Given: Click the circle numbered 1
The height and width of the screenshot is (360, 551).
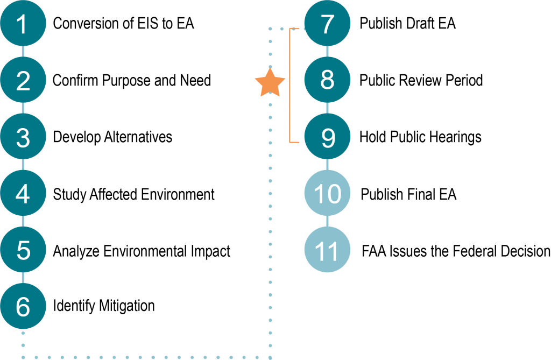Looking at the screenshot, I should (x=23, y=24).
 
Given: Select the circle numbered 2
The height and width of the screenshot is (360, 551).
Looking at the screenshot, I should (x=23, y=80).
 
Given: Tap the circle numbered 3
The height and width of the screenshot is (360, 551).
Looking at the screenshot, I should (x=23, y=137).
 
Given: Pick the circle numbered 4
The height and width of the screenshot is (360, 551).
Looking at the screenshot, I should (x=23, y=193).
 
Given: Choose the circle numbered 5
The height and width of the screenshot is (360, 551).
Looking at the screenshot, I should (x=23, y=250).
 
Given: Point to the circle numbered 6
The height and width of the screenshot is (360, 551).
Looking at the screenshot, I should (x=23, y=306).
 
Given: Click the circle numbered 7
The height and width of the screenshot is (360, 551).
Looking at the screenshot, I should (x=327, y=24).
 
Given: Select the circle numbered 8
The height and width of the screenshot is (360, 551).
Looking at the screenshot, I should (x=327, y=80).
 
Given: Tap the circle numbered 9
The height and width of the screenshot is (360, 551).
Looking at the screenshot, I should (x=327, y=137).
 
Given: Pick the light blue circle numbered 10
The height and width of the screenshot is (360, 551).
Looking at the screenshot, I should (x=327, y=193).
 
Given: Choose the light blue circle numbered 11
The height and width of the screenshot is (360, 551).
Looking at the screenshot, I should (x=327, y=250).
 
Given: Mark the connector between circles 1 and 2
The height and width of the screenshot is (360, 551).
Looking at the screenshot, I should (x=23, y=52).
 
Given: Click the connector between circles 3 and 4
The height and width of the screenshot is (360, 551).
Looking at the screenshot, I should (x=23, y=165).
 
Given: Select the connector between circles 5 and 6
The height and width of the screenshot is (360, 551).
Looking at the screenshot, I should (x=23, y=278).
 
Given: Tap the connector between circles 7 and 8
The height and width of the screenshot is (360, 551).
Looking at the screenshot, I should (x=327, y=52).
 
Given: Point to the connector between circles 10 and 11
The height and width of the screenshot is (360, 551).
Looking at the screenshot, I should (x=327, y=222).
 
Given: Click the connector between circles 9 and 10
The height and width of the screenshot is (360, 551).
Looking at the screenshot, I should (x=327, y=165).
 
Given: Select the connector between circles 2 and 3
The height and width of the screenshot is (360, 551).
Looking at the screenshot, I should (x=23, y=109).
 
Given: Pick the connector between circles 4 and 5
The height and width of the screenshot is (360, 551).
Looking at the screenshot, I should (x=23, y=222).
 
